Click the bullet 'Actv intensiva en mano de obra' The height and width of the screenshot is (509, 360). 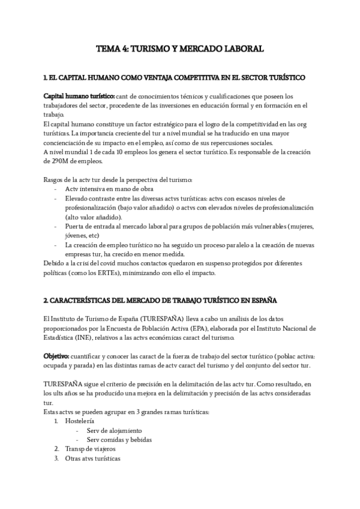pyautogui.click(x=109, y=188)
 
